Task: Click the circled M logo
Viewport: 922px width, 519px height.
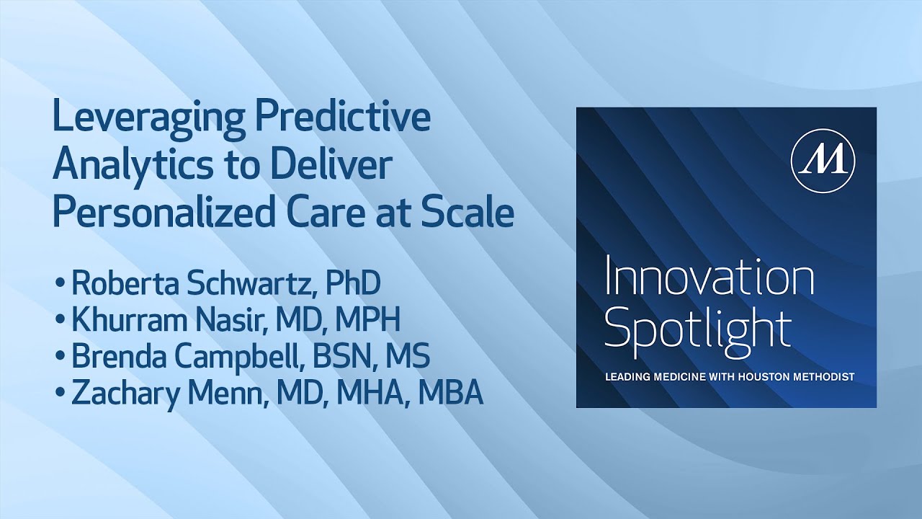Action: [x=823, y=162]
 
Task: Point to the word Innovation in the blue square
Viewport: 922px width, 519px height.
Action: [x=710, y=279]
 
